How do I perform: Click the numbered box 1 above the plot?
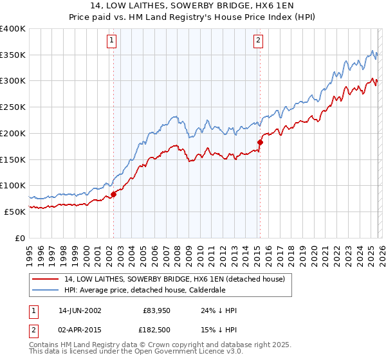(111, 40)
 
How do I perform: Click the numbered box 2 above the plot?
(258, 40)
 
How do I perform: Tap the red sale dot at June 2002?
(113, 194)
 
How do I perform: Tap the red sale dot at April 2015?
(260, 142)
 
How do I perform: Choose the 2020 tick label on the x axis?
(311, 252)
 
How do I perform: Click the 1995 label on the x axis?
(30, 252)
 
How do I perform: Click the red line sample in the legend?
(46, 278)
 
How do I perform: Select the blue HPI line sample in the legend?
(46, 289)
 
